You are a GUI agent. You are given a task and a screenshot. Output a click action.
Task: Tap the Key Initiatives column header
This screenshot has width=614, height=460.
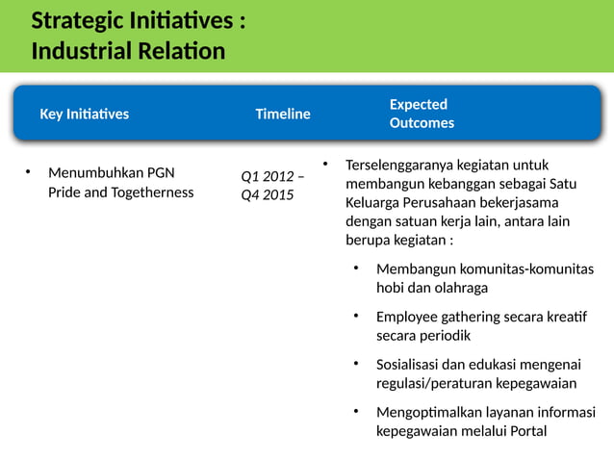click(x=84, y=114)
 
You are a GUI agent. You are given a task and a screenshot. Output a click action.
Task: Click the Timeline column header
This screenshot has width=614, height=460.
click(x=282, y=114)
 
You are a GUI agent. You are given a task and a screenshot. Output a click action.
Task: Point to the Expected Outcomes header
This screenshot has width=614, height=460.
click(x=422, y=114)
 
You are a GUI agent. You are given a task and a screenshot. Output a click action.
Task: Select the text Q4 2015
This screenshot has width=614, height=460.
click(x=268, y=195)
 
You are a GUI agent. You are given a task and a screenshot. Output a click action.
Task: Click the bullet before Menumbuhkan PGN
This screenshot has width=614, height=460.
click(x=28, y=173)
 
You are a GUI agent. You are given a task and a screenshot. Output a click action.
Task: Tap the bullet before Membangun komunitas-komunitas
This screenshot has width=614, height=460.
click(x=355, y=268)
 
